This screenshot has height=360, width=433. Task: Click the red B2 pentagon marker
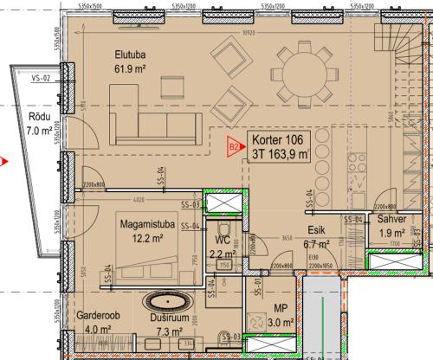point(233,146)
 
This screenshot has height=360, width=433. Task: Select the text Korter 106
point(278,140)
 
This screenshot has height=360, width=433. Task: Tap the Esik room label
point(316,231)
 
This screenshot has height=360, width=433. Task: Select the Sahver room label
point(391,220)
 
